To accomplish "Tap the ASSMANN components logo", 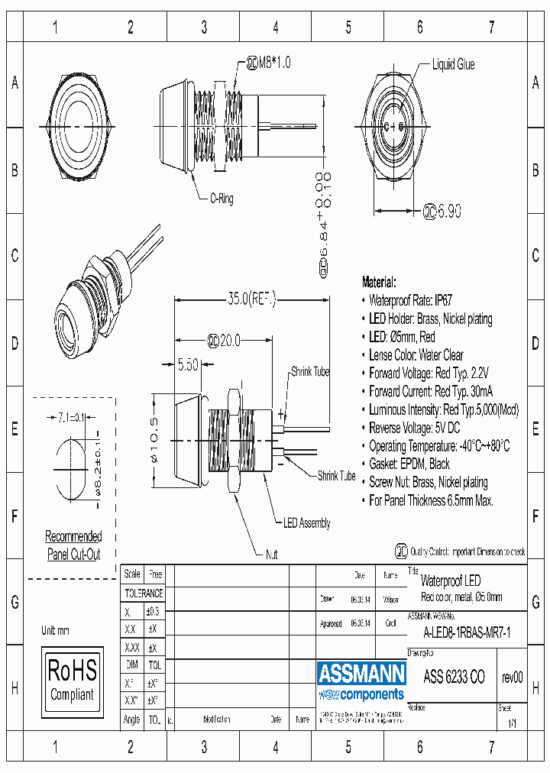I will pos(361,681).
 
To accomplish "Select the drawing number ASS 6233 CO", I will pos(454,677).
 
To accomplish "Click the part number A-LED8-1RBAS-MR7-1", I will pos(467,632).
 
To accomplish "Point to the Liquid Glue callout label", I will pos(453,65).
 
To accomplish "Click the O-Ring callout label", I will pos(221,199).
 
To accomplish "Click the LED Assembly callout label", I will pos(306,523).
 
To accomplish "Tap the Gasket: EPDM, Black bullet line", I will pos(409,464).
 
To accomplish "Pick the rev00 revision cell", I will pos(512,677).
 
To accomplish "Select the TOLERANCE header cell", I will pos(144,593).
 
